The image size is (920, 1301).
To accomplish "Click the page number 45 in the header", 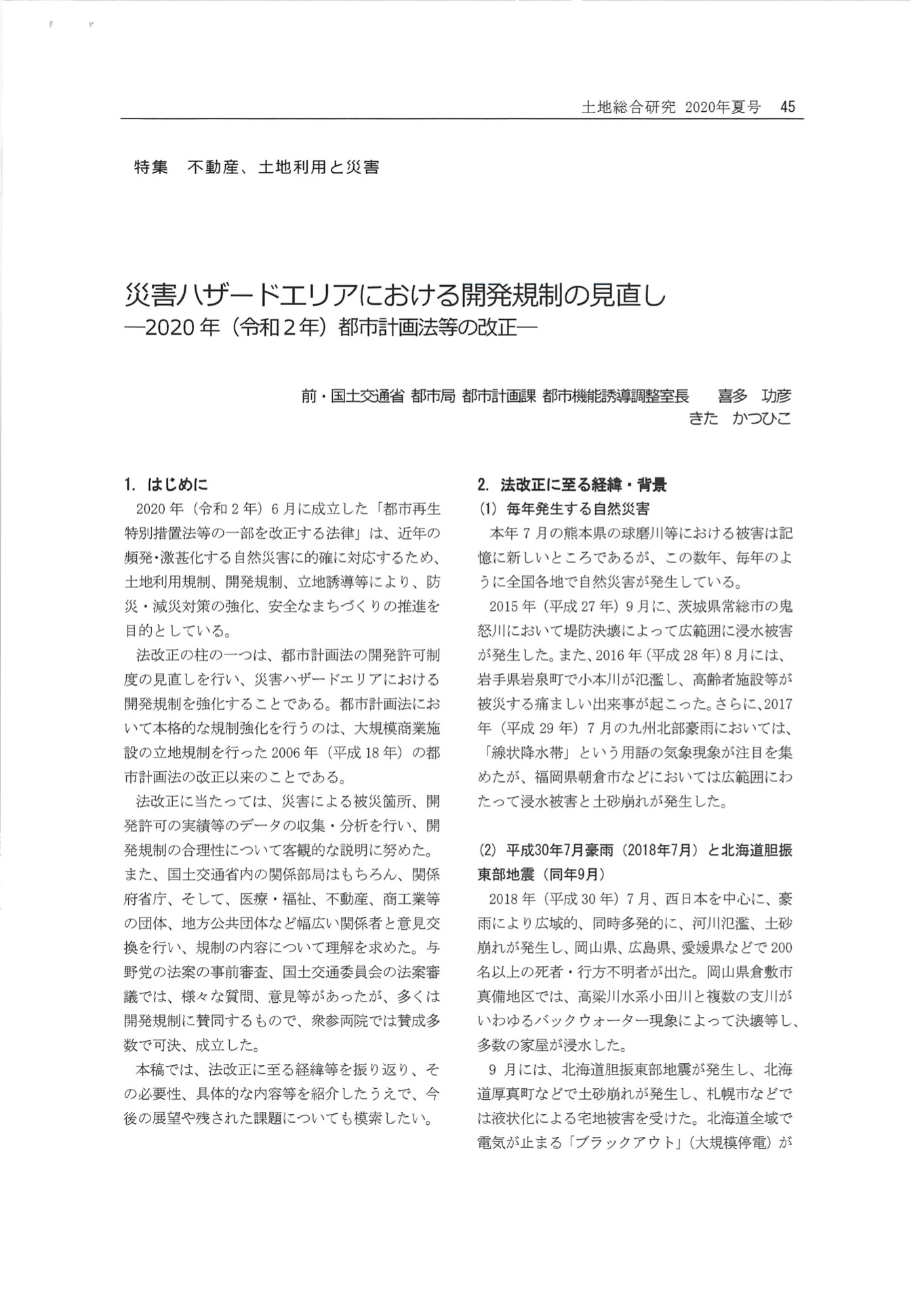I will (x=787, y=107).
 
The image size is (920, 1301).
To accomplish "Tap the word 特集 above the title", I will (x=151, y=167).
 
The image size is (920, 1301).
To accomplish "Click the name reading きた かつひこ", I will (x=739, y=419).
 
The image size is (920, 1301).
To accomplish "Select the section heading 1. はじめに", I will (x=166, y=484).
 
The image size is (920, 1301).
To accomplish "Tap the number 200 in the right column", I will (x=780, y=947).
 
